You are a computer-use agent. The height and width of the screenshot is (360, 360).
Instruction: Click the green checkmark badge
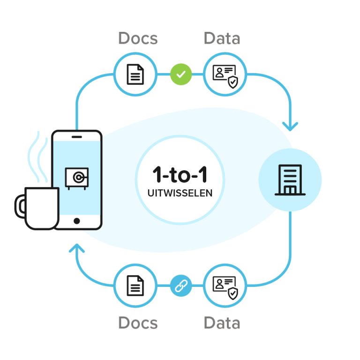[x=181, y=74]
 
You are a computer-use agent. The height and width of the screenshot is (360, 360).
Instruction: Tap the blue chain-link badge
[x=181, y=285]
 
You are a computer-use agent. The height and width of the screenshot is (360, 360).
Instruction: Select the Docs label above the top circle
[x=138, y=38]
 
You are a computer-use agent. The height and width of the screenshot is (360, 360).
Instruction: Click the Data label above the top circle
[x=222, y=38]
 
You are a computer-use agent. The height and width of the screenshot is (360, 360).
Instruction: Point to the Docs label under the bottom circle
[x=138, y=322]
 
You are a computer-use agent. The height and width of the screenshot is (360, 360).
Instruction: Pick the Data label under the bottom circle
[x=222, y=322]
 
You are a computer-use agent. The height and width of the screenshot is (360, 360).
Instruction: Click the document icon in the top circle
[x=135, y=74]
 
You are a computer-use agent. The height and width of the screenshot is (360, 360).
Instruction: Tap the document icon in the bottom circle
[x=135, y=285]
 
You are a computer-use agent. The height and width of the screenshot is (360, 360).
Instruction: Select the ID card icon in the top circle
[x=225, y=75]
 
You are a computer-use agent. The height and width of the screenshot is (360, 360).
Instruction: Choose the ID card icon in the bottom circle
[x=225, y=286]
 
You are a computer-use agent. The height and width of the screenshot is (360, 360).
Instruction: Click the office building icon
[x=290, y=180]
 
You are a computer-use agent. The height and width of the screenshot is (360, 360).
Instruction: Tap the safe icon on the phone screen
[x=76, y=178]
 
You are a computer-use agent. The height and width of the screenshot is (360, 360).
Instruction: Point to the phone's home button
[x=77, y=221]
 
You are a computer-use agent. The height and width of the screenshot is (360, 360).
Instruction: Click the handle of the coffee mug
[x=20, y=207]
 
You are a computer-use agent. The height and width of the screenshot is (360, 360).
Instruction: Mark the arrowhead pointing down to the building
[x=290, y=126]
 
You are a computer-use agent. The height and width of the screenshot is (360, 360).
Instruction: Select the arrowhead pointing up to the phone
[x=77, y=248]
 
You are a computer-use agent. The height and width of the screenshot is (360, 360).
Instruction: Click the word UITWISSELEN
[x=180, y=193]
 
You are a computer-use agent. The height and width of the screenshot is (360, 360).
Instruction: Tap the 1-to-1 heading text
[x=180, y=175]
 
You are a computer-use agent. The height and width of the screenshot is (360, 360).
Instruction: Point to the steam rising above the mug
[x=37, y=159]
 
